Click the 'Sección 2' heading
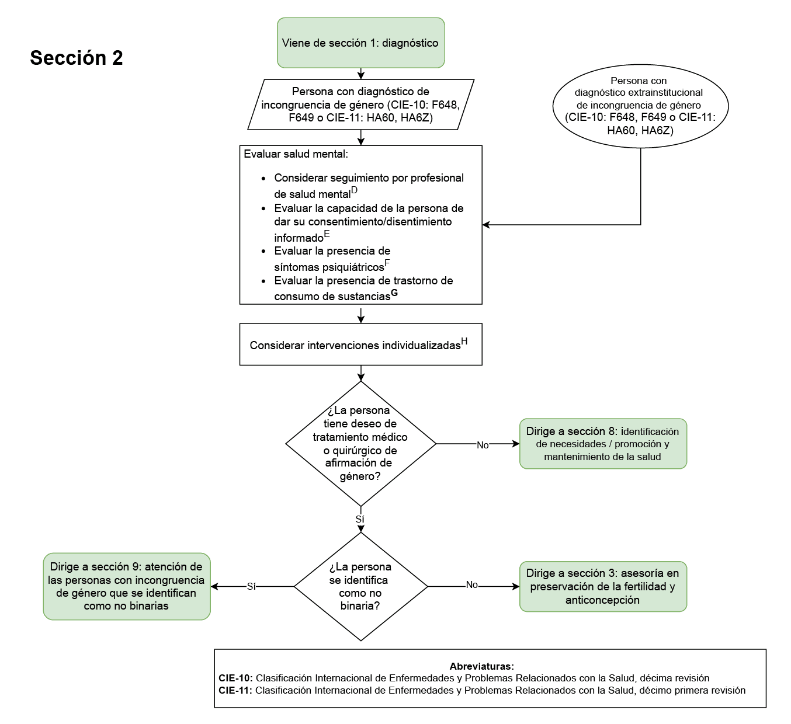(x=77, y=58)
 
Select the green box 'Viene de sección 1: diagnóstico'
(x=360, y=43)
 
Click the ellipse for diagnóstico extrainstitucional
(x=640, y=106)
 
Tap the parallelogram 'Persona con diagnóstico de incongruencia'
(x=360, y=105)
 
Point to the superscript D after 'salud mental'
(x=354, y=190)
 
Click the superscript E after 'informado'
(x=327, y=234)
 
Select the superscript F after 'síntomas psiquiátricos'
(x=387, y=263)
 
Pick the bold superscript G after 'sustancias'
(x=394, y=293)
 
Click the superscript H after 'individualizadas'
(x=464, y=342)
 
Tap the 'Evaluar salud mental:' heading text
(x=296, y=154)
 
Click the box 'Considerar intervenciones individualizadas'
(x=360, y=344)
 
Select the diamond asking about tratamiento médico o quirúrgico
(x=360, y=443)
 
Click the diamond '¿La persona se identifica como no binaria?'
(x=360, y=586)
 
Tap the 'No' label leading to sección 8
(x=483, y=445)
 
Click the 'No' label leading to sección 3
(x=471, y=585)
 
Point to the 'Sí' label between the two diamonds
(x=360, y=519)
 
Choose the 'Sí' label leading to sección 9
(x=251, y=587)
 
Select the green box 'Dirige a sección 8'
(x=603, y=444)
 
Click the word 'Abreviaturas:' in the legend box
(x=482, y=666)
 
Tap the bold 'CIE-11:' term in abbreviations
(x=235, y=690)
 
